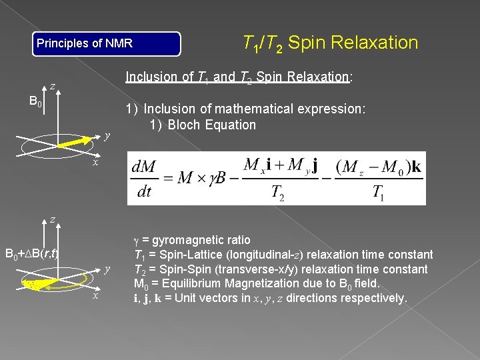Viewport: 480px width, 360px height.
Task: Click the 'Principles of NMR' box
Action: (x=107, y=44)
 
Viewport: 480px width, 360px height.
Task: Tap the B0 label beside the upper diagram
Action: (x=35, y=103)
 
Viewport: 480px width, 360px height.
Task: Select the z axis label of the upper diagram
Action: (x=52, y=85)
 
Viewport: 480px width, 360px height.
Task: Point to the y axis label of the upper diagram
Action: (x=107, y=136)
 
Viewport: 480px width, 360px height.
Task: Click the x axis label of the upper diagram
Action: (x=96, y=162)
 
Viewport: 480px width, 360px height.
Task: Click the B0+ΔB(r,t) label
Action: (x=31, y=253)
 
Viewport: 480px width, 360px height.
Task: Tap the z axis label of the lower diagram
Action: (x=52, y=219)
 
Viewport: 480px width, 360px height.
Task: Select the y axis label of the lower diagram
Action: (x=107, y=269)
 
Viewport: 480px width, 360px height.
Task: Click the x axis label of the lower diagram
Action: (x=96, y=295)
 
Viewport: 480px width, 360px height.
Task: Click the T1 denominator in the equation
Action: (x=377, y=193)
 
